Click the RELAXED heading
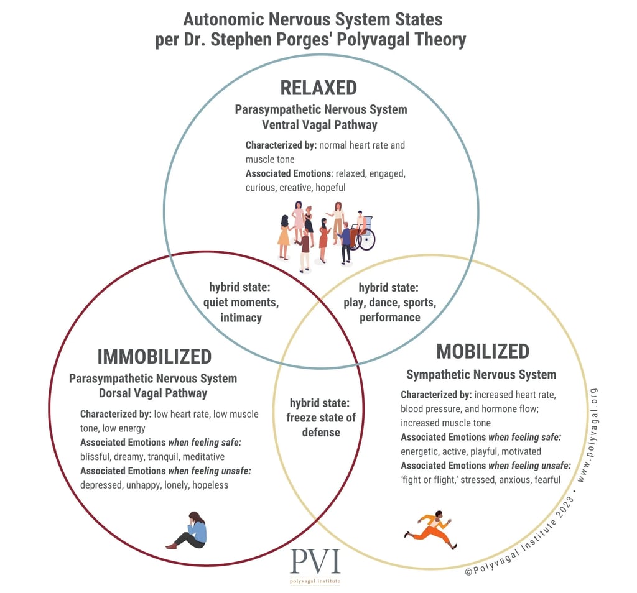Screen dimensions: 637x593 tap(318, 88)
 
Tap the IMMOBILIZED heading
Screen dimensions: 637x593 tap(154, 357)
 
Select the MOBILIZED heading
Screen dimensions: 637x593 tap(482, 351)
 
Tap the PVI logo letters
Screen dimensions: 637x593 tap(315, 563)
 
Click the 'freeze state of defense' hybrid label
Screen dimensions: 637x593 tap(321, 417)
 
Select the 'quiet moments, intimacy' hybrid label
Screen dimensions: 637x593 tap(241, 303)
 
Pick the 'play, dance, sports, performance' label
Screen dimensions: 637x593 tap(389, 303)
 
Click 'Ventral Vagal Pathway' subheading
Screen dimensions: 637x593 tap(321, 125)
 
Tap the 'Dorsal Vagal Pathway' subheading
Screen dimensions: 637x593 tap(153, 393)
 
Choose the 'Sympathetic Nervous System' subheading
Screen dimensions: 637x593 tap(481, 374)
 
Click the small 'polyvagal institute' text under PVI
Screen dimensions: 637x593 tap(315, 581)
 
